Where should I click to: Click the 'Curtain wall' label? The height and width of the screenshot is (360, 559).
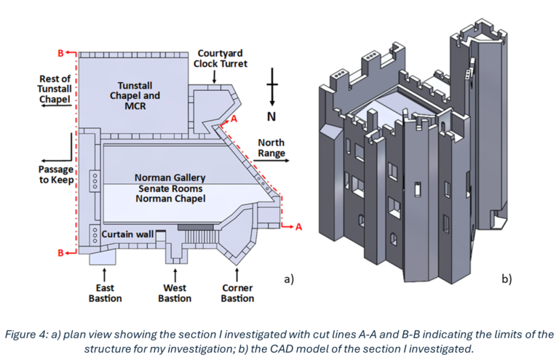click(127, 234)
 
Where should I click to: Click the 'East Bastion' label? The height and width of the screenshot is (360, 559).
click(106, 293)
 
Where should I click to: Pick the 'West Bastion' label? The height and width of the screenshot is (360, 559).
click(175, 293)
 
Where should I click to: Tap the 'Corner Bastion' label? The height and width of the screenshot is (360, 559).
click(237, 293)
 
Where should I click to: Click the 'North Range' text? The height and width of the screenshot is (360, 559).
click(271, 148)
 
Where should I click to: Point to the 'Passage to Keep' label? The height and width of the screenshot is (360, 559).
click(57, 175)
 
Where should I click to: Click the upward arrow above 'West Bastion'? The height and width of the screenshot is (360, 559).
click(175, 275)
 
